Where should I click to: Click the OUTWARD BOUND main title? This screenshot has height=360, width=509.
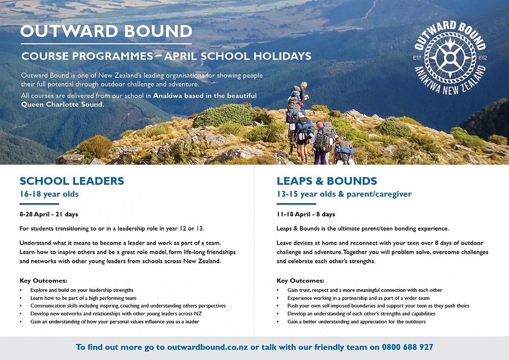click(106, 31)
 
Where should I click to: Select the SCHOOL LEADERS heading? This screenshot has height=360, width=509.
click(71, 181)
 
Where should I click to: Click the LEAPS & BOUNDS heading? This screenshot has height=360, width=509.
click(327, 181)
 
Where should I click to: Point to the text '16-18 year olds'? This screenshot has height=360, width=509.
click(49, 194)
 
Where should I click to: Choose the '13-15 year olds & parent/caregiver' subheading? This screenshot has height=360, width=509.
click(344, 194)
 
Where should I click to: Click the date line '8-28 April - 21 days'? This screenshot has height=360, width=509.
click(49, 214)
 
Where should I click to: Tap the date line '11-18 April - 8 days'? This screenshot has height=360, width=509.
click(306, 214)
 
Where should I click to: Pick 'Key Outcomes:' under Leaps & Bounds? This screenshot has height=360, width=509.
click(300, 281)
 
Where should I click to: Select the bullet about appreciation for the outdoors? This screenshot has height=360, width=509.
click(356, 322)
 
